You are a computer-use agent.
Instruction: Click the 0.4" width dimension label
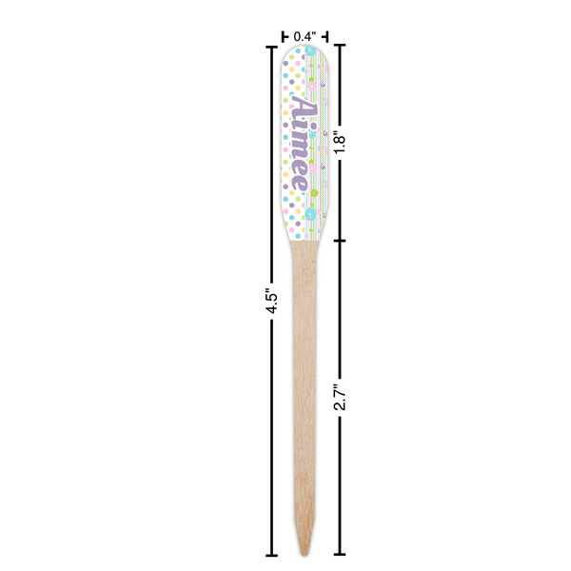coord(304,36)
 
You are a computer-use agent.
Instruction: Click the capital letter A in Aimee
coord(303,107)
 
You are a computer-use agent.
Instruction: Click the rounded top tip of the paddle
coord(304,49)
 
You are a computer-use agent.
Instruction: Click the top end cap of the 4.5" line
coord(271,45)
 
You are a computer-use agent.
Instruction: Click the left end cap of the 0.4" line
coord(284,36)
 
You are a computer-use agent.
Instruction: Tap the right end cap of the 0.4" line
coord(325,36)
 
